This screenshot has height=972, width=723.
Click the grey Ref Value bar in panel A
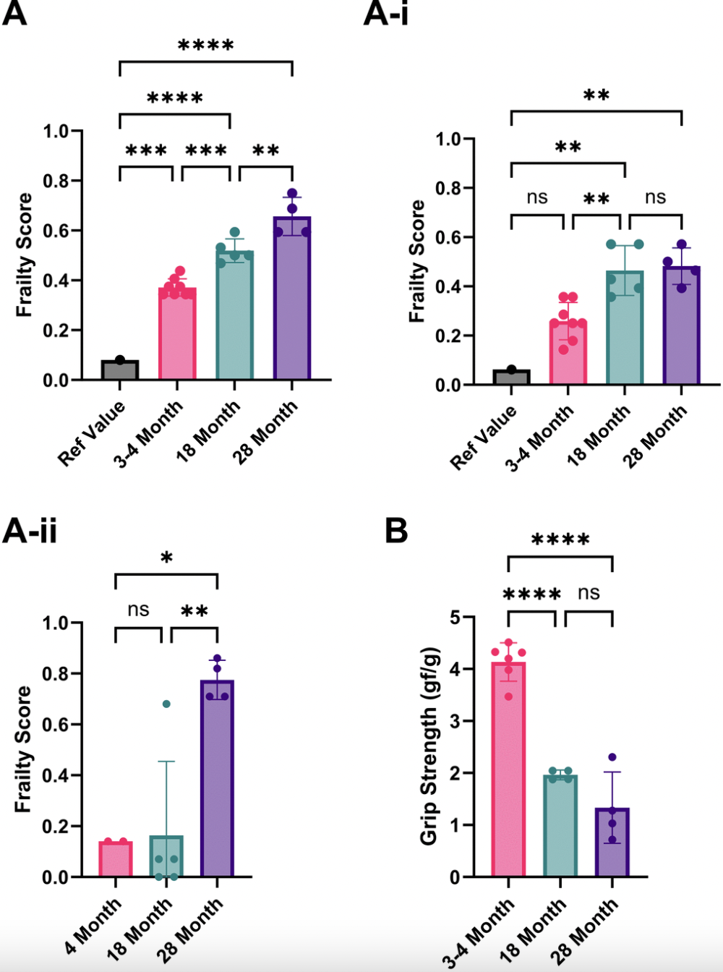click(x=120, y=370)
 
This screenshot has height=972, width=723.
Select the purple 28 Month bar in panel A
click(x=292, y=304)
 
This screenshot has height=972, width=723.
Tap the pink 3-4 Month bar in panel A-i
click(x=568, y=354)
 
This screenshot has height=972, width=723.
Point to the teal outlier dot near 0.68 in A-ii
click(x=166, y=704)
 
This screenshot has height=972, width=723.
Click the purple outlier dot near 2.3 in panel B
click(x=612, y=757)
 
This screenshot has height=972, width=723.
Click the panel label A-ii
click(x=30, y=531)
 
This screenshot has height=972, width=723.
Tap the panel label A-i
click(x=385, y=13)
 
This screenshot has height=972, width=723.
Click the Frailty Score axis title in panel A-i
click(x=417, y=261)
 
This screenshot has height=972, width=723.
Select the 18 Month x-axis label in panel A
click(x=209, y=430)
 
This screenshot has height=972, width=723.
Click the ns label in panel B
click(x=589, y=593)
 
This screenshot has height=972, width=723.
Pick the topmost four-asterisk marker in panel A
click(x=206, y=46)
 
